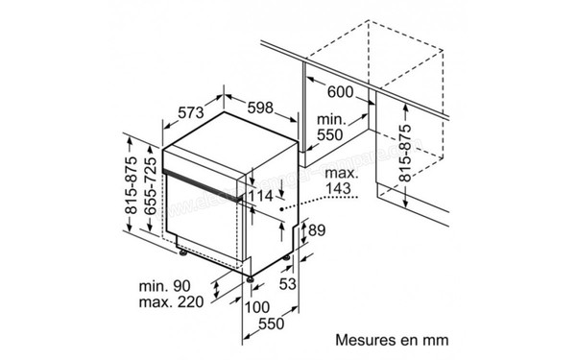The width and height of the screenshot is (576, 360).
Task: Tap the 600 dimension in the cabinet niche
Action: click(x=341, y=93)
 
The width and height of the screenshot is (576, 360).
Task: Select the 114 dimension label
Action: click(x=260, y=196)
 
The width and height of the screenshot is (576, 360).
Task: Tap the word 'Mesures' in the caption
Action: click(x=366, y=339)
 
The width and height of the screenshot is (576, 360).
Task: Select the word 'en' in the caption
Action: click(x=410, y=339)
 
